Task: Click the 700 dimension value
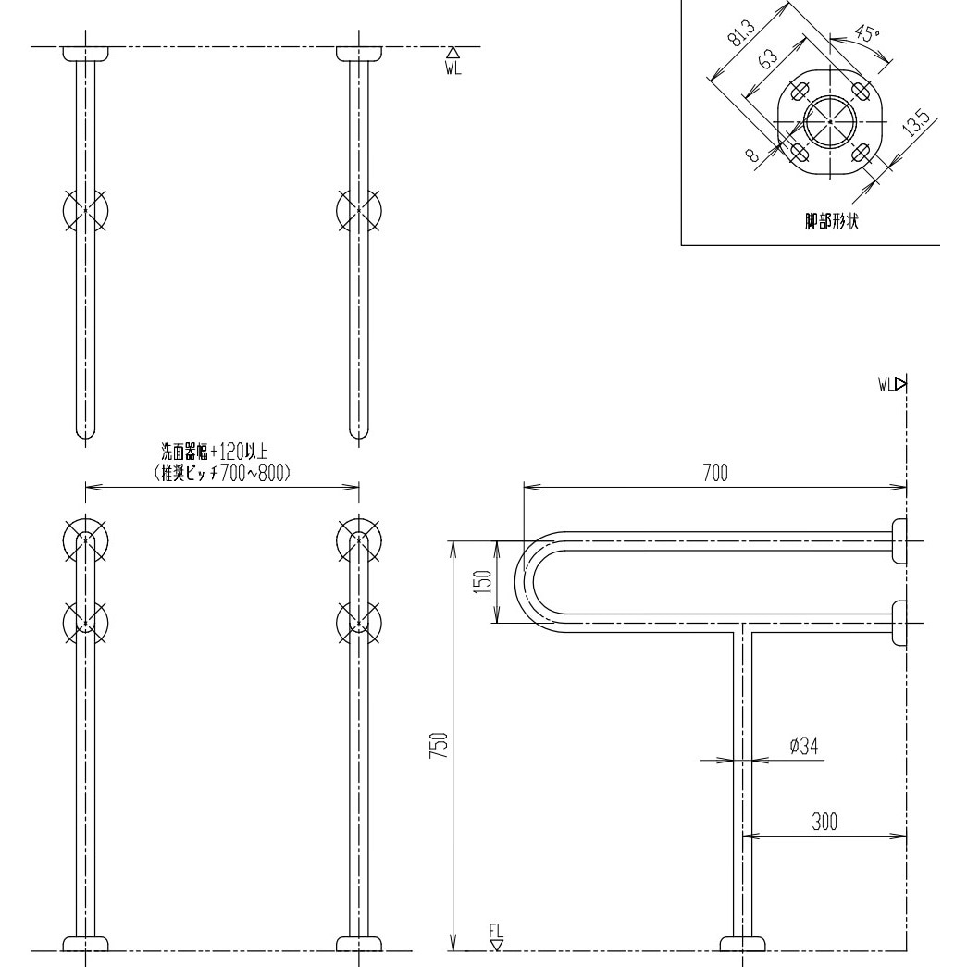click(x=714, y=473)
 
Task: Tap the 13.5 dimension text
click(x=916, y=125)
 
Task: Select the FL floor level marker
click(x=497, y=936)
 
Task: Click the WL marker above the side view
click(x=894, y=382)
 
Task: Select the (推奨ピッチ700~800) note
click(x=222, y=472)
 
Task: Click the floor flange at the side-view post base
click(x=743, y=943)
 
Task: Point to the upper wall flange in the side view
click(x=898, y=540)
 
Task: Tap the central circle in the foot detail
click(x=830, y=122)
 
